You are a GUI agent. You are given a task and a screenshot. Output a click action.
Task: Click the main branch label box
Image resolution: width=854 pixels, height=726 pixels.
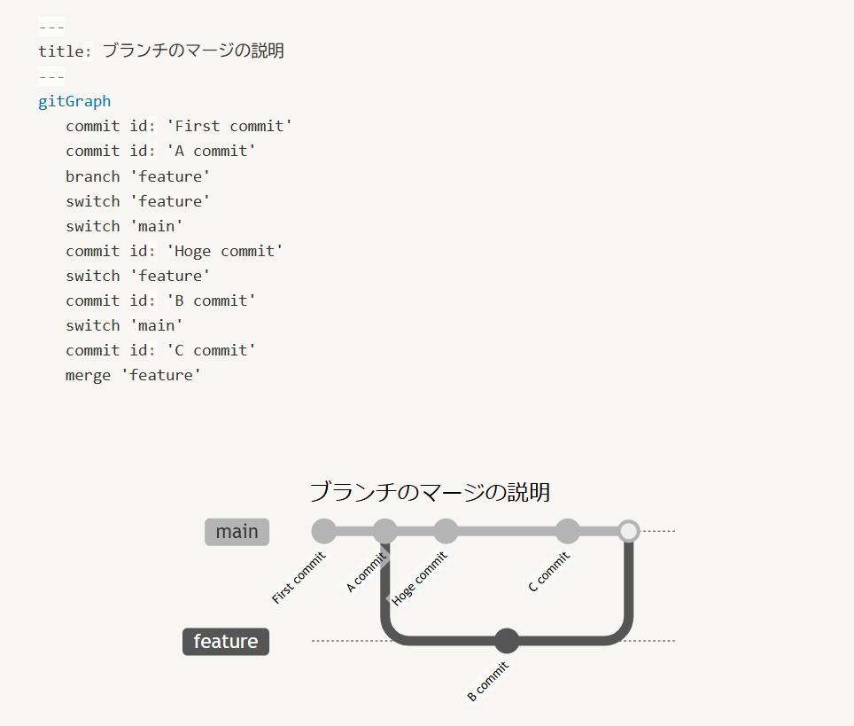click(237, 532)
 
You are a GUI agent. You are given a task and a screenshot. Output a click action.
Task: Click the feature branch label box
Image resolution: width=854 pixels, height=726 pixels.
click(226, 642)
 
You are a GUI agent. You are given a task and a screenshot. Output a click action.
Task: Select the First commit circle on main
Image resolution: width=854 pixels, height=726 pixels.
click(324, 531)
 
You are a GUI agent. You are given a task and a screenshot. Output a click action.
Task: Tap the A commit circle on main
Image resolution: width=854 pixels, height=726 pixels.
click(384, 531)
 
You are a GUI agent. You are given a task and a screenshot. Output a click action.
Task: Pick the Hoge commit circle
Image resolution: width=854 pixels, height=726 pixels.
click(446, 531)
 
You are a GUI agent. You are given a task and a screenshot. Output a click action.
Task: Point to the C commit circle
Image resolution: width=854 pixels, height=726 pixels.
click(568, 531)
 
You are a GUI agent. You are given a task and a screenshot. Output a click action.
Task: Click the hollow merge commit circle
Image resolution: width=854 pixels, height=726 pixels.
click(629, 531)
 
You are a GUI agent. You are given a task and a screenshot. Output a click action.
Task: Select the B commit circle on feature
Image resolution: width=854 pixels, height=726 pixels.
click(507, 641)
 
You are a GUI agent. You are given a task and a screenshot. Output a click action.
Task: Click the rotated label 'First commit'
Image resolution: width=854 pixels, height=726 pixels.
click(299, 578)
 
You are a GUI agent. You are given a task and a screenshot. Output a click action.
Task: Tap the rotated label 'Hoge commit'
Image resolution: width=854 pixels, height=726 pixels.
click(420, 578)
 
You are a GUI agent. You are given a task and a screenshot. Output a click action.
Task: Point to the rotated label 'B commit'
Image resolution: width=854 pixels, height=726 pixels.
click(488, 681)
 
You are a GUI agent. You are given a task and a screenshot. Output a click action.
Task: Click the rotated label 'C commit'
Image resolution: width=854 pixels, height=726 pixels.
click(549, 572)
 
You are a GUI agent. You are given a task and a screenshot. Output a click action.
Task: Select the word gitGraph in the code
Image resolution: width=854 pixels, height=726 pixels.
click(74, 101)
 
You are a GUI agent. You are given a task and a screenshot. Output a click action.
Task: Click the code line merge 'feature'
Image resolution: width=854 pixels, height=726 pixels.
click(134, 375)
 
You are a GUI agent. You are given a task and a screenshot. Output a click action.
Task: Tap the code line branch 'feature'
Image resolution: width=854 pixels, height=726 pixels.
click(138, 176)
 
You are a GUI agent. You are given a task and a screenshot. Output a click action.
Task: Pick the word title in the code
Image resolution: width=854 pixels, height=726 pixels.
click(63, 51)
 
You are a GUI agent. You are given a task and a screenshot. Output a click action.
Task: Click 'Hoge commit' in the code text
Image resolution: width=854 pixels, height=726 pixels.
click(225, 251)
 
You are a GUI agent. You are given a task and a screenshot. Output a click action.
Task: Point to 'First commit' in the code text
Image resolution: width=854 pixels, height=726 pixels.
click(229, 126)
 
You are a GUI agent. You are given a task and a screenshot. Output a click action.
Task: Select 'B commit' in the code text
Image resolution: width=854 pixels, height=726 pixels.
click(212, 301)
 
